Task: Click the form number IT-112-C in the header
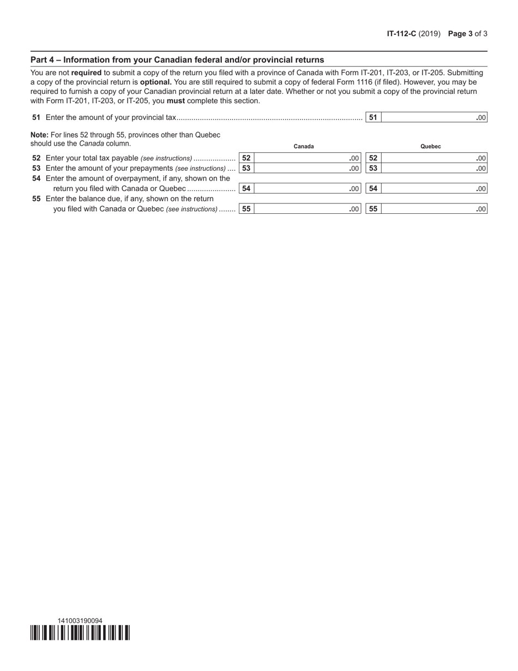[x=401, y=33]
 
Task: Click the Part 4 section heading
[x=177, y=60]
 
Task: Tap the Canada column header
[x=304, y=146]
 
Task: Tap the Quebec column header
[x=431, y=146]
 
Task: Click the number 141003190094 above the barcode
[x=80, y=620]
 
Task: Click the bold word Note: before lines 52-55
[x=39, y=135]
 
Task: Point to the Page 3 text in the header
[x=460, y=33]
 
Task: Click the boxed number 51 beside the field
[x=373, y=117]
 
